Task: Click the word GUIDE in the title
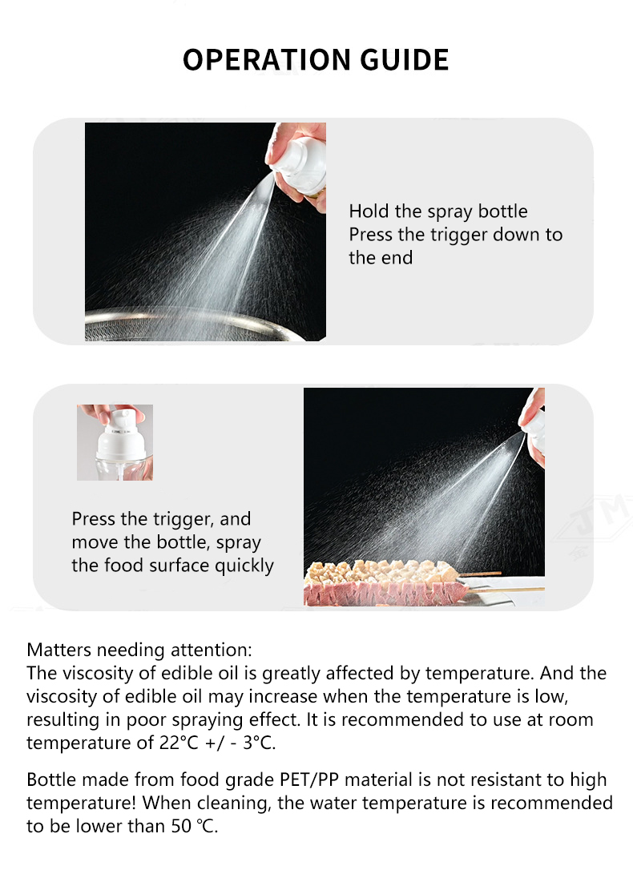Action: pyautogui.click(x=405, y=59)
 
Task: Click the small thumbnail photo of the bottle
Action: pyautogui.click(x=115, y=442)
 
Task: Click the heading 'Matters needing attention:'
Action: pyautogui.click(x=139, y=650)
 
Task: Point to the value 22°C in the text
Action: pyautogui.click(x=179, y=743)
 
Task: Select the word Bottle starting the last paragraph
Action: pyautogui.click(x=51, y=779)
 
